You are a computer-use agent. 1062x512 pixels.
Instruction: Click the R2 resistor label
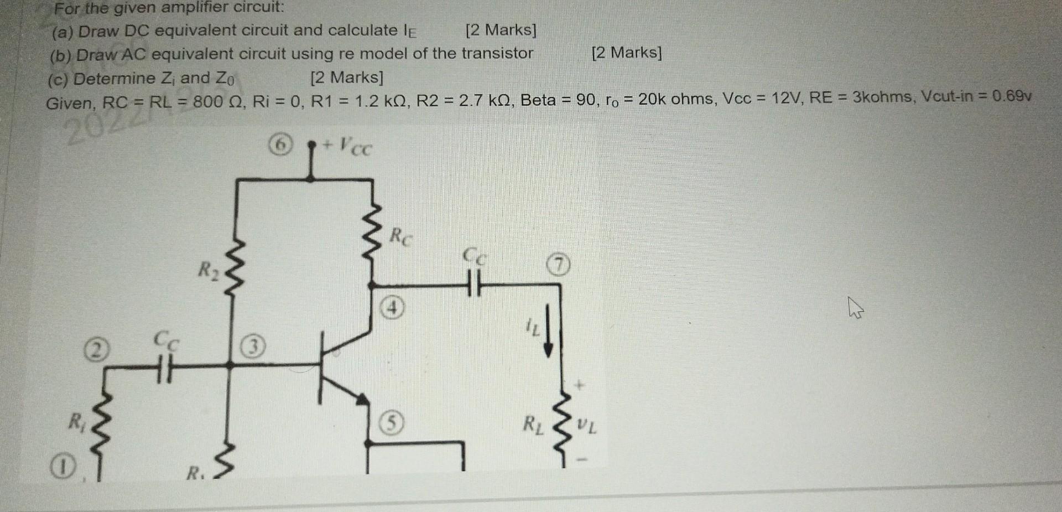click(209, 271)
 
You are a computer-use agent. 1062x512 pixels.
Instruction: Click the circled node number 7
click(559, 266)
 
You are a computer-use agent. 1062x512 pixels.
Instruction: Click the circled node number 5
click(391, 424)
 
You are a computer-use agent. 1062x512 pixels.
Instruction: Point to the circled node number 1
click(64, 469)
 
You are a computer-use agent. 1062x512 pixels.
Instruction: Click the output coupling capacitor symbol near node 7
click(475, 283)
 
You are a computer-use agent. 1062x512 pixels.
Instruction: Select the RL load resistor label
click(533, 425)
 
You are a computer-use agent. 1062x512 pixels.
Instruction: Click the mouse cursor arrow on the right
click(855, 307)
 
